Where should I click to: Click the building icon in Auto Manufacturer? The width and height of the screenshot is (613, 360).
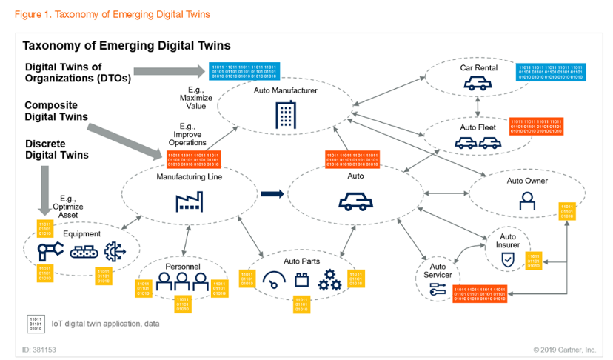[284, 113]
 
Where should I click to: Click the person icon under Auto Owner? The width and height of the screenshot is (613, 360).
[526, 200]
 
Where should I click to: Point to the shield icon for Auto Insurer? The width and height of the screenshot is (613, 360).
[507, 260]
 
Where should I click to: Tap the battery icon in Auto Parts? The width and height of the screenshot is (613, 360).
[302, 281]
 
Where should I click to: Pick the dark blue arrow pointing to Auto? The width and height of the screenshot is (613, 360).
[272, 194]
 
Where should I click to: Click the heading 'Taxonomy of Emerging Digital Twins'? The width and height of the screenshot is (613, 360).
[127, 46]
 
